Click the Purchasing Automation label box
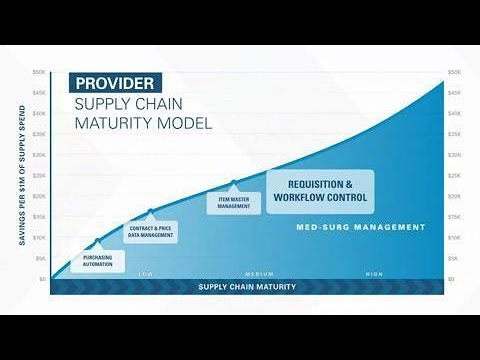tap(97, 260)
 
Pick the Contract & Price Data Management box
tap(150, 231)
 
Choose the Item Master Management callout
tap(234, 203)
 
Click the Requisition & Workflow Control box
tap(320, 191)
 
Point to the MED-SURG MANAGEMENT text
tap(360, 227)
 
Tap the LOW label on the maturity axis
tap(145, 274)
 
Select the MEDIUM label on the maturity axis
tap(260, 274)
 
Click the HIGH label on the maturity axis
tap(374, 274)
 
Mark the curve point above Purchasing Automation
tap(97, 241)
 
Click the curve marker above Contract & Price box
tap(151, 211)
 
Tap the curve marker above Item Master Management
tap(234, 183)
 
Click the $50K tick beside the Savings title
tap(40, 72)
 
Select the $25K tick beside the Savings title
tap(40, 176)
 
